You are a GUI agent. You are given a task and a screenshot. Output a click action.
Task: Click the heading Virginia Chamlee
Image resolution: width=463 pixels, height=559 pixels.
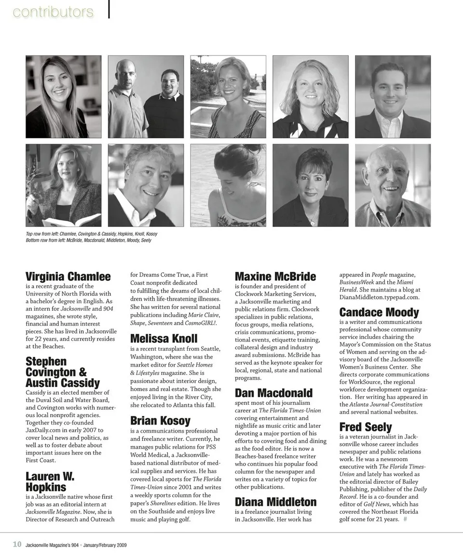click(68, 277)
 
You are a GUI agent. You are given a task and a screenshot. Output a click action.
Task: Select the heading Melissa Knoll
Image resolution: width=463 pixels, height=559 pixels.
click(163, 339)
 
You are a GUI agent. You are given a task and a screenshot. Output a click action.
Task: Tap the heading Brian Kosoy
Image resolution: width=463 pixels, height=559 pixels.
click(160, 420)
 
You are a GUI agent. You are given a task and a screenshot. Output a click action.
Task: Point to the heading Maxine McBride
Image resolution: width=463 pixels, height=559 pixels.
click(275, 277)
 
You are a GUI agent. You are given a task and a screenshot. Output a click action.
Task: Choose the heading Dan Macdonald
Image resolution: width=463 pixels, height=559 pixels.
click(273, 393)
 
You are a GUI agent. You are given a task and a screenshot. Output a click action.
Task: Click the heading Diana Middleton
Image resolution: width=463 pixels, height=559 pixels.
click(275, 502)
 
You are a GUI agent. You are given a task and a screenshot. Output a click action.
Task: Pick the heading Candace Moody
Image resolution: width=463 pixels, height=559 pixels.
click(379, 312)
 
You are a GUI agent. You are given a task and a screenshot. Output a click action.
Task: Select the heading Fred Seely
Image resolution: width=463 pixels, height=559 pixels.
click(366, 427)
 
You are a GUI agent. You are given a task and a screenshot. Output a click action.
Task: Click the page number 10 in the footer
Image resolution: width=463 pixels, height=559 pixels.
click(17, 545)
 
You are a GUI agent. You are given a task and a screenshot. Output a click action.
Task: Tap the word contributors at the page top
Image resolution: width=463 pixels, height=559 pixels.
click(53, 12)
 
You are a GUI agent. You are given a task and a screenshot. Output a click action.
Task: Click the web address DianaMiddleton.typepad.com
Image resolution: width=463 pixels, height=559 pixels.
click(379, 297)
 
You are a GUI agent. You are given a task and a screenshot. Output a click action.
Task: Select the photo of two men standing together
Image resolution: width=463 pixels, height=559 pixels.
click(146, 97)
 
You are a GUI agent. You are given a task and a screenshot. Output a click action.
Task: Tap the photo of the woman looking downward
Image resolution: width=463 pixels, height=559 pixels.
click(228, 185)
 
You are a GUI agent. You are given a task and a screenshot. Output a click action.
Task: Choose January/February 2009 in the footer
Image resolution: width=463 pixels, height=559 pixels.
click(105, 545)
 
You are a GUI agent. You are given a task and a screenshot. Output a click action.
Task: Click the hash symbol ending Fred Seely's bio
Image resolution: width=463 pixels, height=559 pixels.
click(405, 519)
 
